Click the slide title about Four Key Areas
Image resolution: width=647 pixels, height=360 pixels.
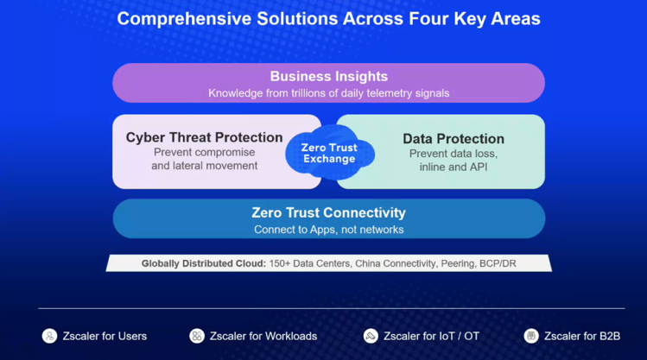(328, 18)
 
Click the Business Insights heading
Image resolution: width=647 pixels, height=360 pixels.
(328, 77)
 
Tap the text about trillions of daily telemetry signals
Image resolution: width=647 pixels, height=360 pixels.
(328, 93)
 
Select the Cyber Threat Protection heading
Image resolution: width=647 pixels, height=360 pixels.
(204, 137)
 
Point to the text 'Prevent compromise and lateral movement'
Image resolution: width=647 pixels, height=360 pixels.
(204, 159)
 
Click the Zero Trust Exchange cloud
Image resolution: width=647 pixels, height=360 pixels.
(329, 154)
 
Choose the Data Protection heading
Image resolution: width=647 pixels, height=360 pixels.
(453, 138)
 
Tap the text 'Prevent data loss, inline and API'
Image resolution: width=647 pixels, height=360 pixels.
(453, 160)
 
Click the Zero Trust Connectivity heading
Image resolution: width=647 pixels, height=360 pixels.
(328, 212)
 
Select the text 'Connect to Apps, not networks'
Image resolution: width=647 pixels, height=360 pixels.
(328, 230)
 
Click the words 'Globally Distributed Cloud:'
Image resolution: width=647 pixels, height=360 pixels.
(203, 263)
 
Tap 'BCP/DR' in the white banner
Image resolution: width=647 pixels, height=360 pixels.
(498, 263)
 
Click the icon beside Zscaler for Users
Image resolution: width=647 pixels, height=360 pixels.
(50, 336)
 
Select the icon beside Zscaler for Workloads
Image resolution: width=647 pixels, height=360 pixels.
(197, 336)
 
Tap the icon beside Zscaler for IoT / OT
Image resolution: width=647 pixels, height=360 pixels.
(371, 336)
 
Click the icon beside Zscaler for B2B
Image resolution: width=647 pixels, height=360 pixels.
(531, 336)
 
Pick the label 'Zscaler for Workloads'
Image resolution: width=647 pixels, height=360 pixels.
(263, 336)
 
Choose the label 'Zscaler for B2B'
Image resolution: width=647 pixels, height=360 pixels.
(582, 336)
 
